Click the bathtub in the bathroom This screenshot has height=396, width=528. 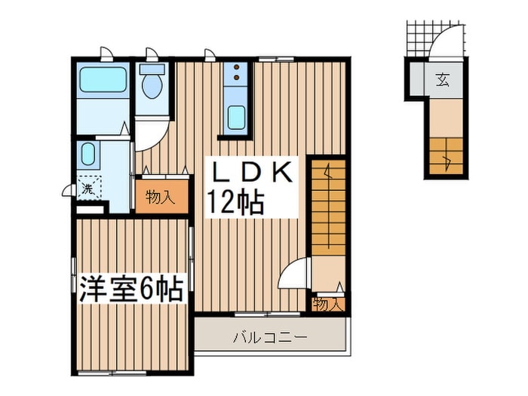tap(103, 78)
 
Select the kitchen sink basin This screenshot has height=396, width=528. tap(237, 118)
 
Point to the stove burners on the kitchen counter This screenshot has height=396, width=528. tap(238, 75)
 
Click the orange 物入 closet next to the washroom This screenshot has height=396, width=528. tap(161, 198)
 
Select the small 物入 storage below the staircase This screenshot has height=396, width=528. tap(328, 305)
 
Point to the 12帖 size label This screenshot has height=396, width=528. tap(236, 202)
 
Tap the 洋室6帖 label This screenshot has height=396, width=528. tap(132, 288)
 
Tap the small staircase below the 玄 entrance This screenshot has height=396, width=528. tap(447, 156)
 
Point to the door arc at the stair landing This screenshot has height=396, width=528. tap(296, 271)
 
